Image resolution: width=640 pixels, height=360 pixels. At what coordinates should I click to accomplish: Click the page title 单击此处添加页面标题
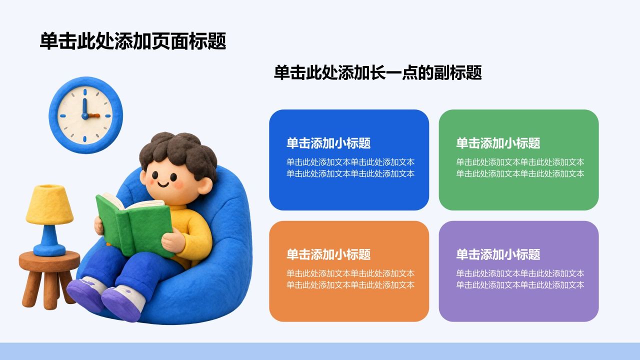[133, 41]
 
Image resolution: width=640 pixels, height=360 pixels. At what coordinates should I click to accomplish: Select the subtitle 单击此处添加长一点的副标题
[377, 72]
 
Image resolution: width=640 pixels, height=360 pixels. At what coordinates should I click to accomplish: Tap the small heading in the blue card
[328, 143]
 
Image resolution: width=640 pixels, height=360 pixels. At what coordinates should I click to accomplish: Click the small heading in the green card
[498, 143]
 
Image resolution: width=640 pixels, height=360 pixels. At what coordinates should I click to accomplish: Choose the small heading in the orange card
[328, 254]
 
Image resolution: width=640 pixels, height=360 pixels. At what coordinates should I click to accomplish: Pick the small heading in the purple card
[498, 254]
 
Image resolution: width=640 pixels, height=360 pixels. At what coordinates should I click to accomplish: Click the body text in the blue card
[350, 168]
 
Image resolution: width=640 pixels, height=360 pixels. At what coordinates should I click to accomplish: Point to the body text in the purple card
[520, 279]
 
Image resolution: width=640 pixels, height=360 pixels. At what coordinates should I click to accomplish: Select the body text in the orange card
[350, 279]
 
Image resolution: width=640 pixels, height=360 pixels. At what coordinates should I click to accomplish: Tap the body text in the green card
[520, 168]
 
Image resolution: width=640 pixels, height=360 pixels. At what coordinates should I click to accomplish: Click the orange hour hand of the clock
[93, 115]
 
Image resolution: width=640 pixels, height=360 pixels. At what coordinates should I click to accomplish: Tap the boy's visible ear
[205, 185]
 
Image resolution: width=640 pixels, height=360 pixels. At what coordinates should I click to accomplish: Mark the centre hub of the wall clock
[85, 115]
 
